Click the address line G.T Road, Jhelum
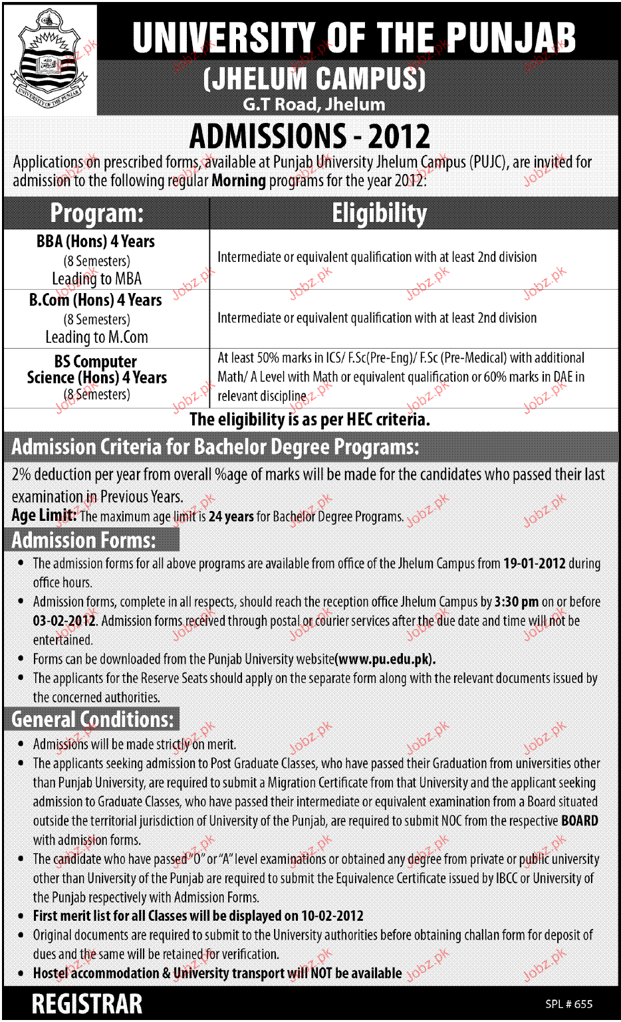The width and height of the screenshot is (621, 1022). coord(314,104)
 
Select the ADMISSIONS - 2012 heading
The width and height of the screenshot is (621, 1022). coord(310,136)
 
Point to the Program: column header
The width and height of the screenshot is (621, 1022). coord(97,213)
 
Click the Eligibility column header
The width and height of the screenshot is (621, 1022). coord(380,213)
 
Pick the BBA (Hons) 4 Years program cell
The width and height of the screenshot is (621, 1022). coord(96,242)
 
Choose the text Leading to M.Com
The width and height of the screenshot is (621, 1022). coord(96,338)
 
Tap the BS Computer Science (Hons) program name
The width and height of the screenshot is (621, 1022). coord(96,370)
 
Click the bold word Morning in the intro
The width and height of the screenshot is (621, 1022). coord(239,181)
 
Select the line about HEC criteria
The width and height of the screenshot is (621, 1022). coord(310,419)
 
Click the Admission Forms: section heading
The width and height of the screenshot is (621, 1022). coord(84,540)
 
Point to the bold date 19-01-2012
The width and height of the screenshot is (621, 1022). coord(535,563)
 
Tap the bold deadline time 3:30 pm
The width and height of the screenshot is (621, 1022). coord(517,602)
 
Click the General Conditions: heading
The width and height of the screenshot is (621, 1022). coord(92,719)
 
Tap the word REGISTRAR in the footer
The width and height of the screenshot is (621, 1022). coord(87,1004)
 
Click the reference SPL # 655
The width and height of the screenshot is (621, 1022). coord(568,1004)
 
